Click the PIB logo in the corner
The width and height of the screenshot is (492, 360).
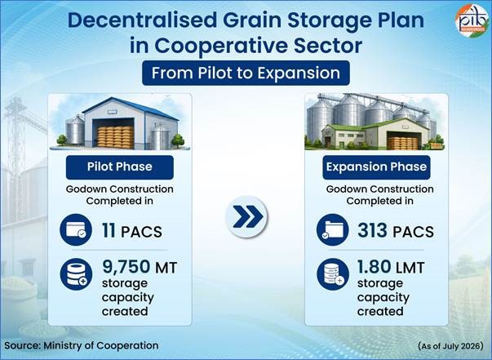coord(472,20)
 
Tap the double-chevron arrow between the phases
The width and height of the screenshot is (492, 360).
coord(247,216)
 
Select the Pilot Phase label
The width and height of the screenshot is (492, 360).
coord(120,167)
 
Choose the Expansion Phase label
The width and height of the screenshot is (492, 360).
coord(376,167)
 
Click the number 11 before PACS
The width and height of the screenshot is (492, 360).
coord(109,231)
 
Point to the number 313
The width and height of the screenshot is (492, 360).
coord(372,230)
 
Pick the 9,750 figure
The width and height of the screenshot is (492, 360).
coord(126,267)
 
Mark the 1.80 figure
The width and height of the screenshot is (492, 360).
coord(374,266)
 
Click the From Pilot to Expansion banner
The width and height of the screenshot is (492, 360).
coord(246,73)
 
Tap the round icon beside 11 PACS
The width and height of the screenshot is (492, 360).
coord(76,229)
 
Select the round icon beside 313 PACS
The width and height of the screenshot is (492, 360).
coord(332,229)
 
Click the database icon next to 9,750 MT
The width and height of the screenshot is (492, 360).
coord(76,274)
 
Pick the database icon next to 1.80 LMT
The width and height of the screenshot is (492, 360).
coord(333,274)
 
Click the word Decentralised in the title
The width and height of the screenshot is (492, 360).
coord(142,20)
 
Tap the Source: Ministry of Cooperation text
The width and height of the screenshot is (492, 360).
coord(82,345)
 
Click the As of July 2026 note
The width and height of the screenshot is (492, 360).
coord(450,346)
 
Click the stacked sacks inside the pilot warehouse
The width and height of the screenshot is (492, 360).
coord(115,137)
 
